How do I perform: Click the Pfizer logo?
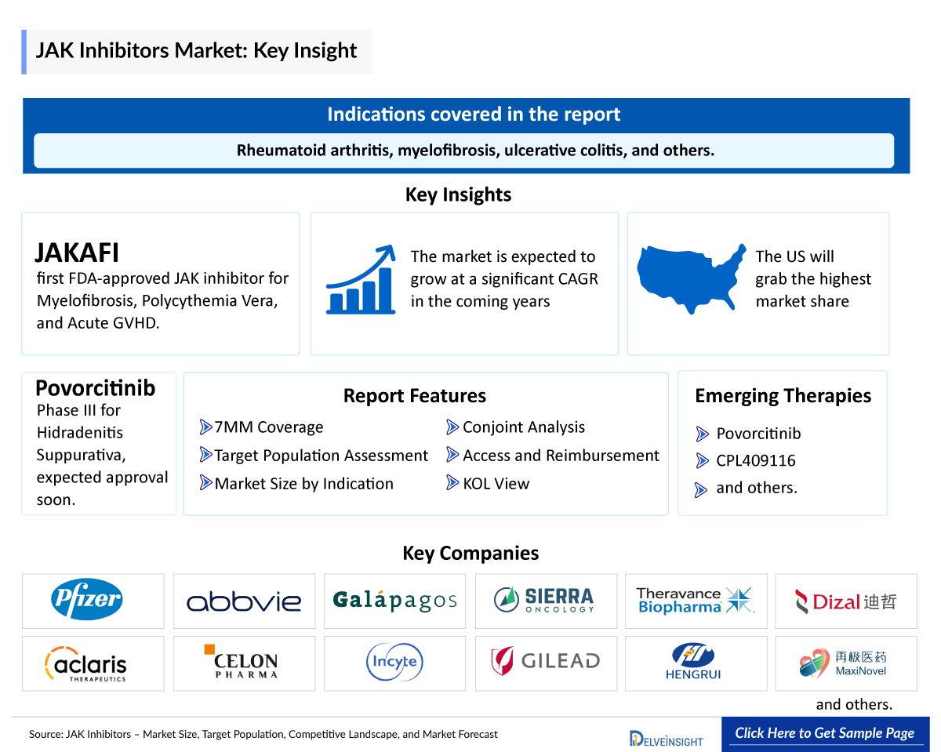(x=87, y=601)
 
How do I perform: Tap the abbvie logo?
(x=244, y=601)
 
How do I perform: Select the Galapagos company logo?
(x=394, y=601)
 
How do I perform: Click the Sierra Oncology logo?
(x=543, y=601)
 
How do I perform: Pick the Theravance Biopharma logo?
(x=695, y=601)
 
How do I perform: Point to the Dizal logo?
(x=845, y=601)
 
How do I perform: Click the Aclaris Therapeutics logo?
(x=86, y=664)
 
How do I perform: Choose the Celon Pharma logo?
(x=245, y=663)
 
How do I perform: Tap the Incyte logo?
(x=394, y=663)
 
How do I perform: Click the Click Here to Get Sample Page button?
(x=824, y=734)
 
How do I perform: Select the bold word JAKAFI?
(x=77, y=252)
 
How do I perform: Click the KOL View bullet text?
(x=496, y=484)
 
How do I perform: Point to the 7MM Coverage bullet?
(x=268, y=427)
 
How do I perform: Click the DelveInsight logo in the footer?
(x=666, y=738)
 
